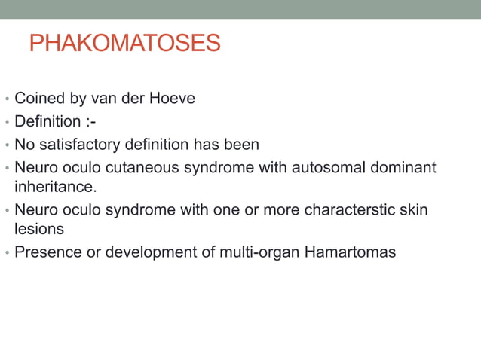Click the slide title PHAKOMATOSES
[124, 43]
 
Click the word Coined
[38, 99]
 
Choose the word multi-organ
[254, 252]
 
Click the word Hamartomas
[350, 252]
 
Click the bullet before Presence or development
[7, 252]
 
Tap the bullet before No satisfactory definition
[7, 145]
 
